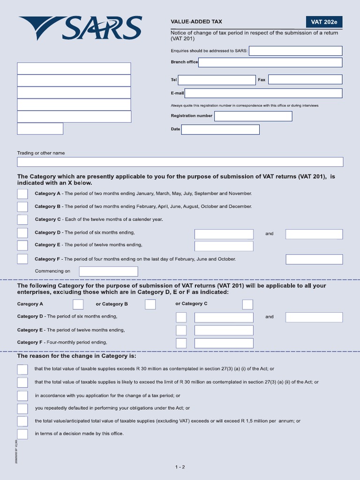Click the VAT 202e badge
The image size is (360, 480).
click(x=324, y=22)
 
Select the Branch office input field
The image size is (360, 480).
click(x=270, y=62)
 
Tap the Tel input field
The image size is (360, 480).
click(x=217, y=80)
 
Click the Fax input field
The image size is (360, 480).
click(x=305, y=80)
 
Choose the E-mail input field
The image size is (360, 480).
click(x=263, y=93)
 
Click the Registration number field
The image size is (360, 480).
click(x=253, y=116)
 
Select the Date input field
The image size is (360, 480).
click(x=220, y=129)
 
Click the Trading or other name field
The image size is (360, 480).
click(x=180, y=162)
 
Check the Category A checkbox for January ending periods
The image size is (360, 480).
click(x=22, y=194)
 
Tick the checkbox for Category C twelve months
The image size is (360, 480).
click(x=22, y=219)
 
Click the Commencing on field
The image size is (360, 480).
click(x=108, y=271)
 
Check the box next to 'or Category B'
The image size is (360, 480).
click(x=150, y=304)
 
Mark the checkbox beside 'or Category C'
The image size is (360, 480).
click(x=247, y=304)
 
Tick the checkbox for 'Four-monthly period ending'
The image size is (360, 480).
click(x=181, y=343)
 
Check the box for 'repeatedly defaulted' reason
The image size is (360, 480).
click(x=22, y=408)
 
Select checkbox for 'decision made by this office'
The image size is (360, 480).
click(x=22, y=434)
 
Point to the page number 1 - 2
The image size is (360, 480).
click(x=180, y=467)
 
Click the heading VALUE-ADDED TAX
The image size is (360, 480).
click(x=196, y=22)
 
